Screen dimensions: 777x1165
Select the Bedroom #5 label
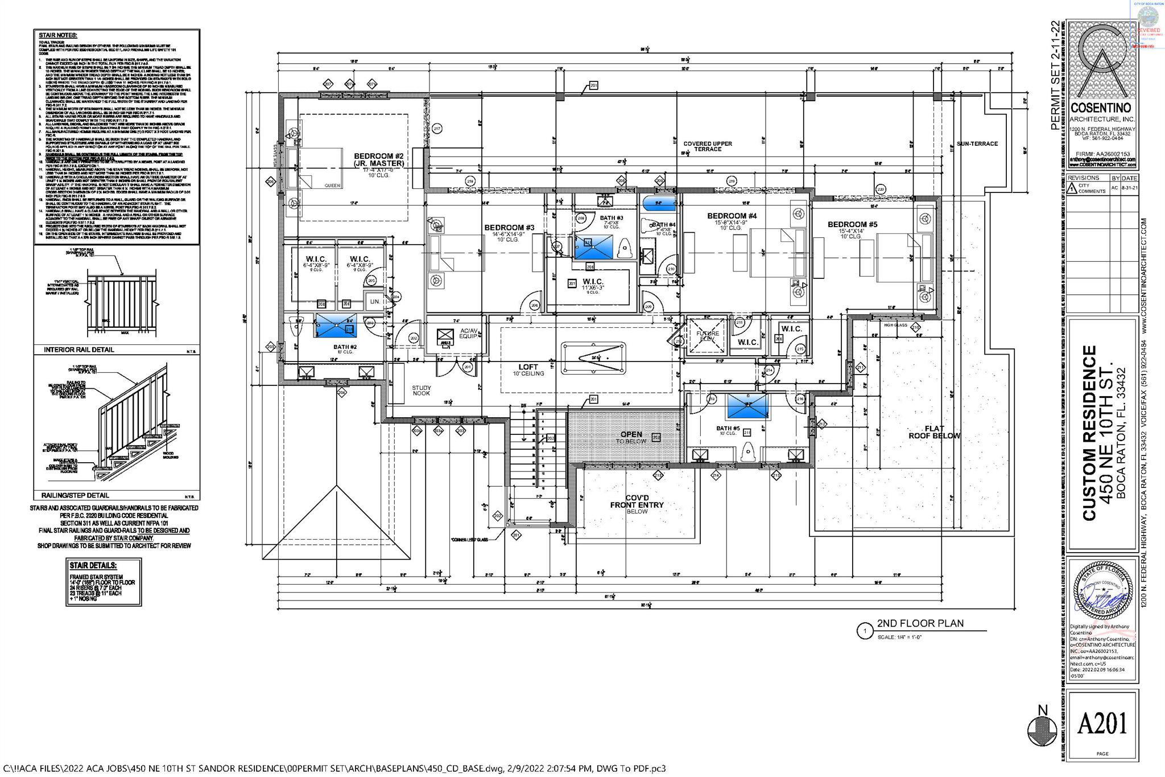[x=852, y=224]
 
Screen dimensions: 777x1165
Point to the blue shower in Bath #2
[x=336, y=325]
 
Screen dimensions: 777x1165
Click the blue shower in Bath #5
[x=747, y=407]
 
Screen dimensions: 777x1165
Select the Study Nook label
[x=422, y=390]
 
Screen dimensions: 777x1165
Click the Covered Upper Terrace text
[x=707, y=146]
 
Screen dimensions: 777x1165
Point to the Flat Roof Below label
[x=933, y=432]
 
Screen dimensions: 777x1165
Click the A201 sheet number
[x=1101, y=725]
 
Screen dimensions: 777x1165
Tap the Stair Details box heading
[x=93, y=566]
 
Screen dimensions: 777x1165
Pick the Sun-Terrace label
[x=977, y=143]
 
